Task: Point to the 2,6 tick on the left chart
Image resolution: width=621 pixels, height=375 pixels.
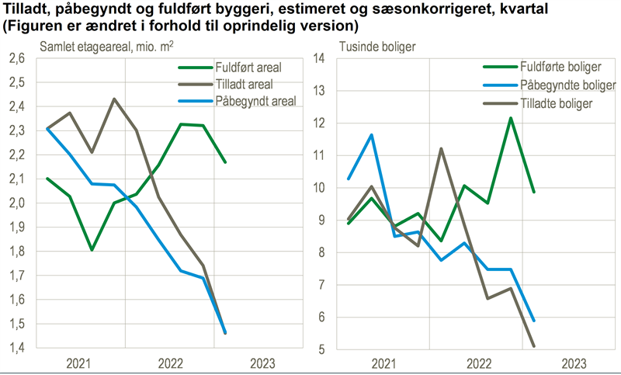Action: click(17, 58)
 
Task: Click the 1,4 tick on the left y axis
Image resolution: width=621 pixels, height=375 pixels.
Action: click(17, 348)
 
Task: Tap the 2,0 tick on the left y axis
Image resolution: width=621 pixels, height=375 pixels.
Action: click(17, 203)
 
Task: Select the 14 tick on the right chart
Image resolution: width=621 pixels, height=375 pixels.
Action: click(318, 58)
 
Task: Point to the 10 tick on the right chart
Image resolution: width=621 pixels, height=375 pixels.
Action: click(318, 188)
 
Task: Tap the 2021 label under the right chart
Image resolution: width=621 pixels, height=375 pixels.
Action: click(384, 363)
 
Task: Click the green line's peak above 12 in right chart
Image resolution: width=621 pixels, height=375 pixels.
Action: click(511, 118)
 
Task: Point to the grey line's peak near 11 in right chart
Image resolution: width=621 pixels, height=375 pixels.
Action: click(441, 148)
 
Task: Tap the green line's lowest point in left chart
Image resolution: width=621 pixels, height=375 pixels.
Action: click(92, 250)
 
